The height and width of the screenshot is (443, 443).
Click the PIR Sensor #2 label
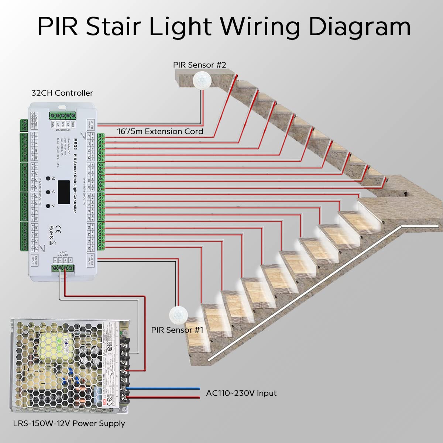click(x=199, y=65)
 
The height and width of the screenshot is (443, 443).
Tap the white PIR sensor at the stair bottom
click(x=178, y=315)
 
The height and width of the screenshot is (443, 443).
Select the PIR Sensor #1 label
click(x=177, y=330)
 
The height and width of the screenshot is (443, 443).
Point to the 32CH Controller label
click(x=62, y=93)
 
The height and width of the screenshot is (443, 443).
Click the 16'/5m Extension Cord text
click(x=160, y=131)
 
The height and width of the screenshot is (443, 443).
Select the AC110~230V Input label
click(x=241, y=393)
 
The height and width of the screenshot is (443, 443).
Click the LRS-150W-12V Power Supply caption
click(x=69, y=423)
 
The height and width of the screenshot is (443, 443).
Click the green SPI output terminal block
click(x=62, y=115)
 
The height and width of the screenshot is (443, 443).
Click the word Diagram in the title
click(x=360, y=27)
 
